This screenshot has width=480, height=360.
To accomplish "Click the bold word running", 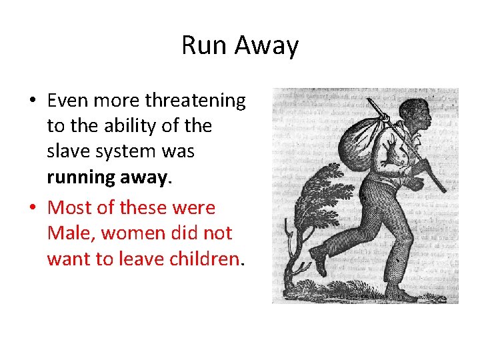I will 81,177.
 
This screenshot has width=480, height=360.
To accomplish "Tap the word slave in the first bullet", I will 66,151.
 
